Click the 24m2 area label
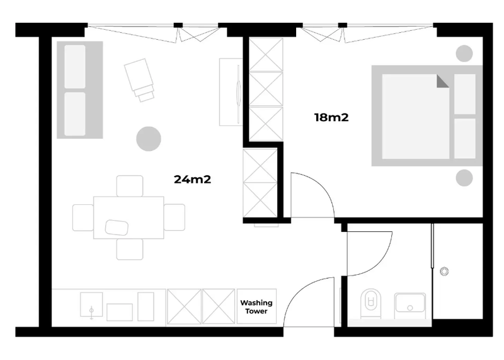(x=192, y=179)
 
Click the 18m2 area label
(x=331, y=117)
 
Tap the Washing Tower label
(x=256, y=307)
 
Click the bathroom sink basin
(x=410, y=303)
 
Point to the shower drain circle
(x=444, y=271)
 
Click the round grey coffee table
(x=149, y=139)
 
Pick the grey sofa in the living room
(x=80, y=90)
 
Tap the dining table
(x=129, y=218)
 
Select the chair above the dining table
(x=130, y=186)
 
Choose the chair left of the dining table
(x=83, y=218)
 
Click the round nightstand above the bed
(x=464, y=54)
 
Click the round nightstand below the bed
(x=464, y=178)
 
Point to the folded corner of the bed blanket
(x=443, y=81)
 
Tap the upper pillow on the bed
(x=465, y=94)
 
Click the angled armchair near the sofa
(x=140, y=79)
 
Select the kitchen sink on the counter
(x=91, y=305)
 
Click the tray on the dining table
(x=117, y=228)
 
